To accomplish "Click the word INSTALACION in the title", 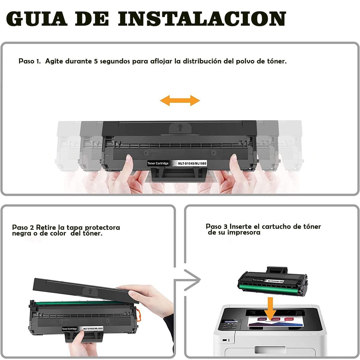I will click(202, 19).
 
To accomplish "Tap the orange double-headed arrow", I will click(180, 100).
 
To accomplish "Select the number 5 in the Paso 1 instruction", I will click(96, 61).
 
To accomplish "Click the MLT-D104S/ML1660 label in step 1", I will click(192, 163).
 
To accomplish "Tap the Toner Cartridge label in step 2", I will click(69, 329).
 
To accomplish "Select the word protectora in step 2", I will click(102, 227).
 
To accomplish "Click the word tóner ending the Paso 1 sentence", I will click(276, 61).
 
